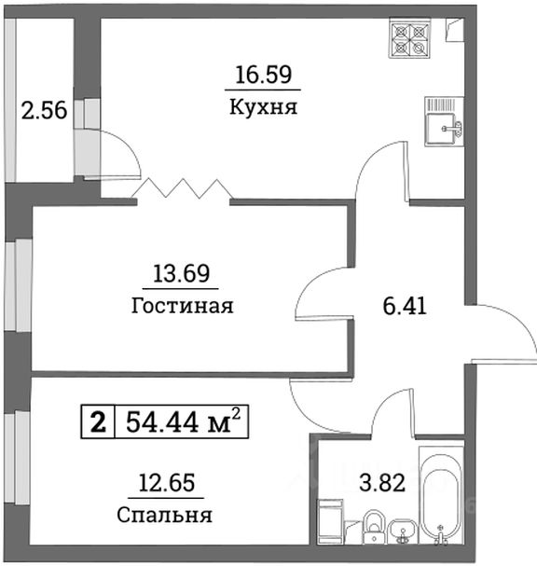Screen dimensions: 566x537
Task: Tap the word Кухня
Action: click(262, 106)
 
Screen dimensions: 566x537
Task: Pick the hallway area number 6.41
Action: click(405, 305)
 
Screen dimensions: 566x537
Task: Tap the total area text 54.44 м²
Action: click(184, 423)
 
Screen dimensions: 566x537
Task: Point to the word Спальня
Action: click(165, 515)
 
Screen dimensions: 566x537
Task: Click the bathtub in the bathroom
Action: click(441, 498)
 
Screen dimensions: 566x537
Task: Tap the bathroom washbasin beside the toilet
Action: click(404, 529)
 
